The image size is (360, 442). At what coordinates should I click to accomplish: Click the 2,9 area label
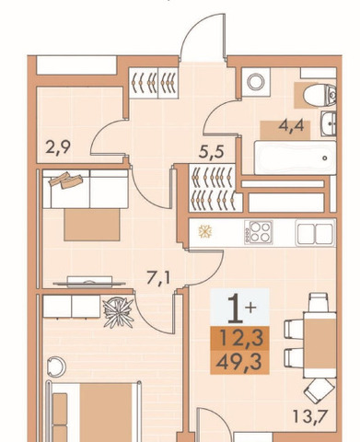coord(58,147)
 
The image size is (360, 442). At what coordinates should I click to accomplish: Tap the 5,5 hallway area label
coord(211,152)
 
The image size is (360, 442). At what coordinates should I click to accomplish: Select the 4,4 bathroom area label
coord(291,125)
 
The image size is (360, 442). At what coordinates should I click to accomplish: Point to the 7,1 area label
coord(158,278)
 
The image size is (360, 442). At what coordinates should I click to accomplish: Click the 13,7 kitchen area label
coord(310,416)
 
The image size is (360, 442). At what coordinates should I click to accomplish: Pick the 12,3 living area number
coord(242,338)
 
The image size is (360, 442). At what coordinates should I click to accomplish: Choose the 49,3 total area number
coord(239,363)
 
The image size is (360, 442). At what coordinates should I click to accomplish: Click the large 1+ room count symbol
coord(241,308)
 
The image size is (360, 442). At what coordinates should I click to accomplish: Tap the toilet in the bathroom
coord(319,95)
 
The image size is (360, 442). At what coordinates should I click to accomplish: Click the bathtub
coord(295,157)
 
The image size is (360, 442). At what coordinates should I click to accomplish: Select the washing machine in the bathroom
coord(256,82)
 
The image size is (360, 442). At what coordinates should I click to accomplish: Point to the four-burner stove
coord(259,232)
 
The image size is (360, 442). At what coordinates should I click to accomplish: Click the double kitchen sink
coord(315,233)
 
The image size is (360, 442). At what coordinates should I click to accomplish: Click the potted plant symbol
coord(119,312)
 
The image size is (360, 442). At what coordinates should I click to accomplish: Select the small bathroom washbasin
coord(329,123)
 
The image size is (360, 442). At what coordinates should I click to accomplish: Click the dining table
coord(319,344)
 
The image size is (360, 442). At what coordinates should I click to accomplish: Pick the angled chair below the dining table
coord(319,390)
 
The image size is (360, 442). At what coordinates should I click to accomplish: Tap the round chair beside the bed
coord(56,366)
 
